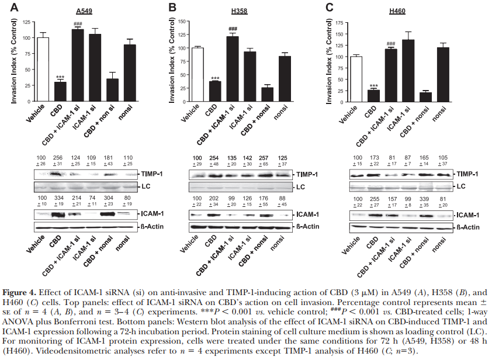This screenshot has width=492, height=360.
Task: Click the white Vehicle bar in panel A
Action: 43,70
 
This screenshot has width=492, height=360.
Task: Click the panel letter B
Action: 172,7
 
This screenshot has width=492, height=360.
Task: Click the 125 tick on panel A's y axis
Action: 27,37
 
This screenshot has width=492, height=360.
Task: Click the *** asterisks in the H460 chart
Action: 372,85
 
